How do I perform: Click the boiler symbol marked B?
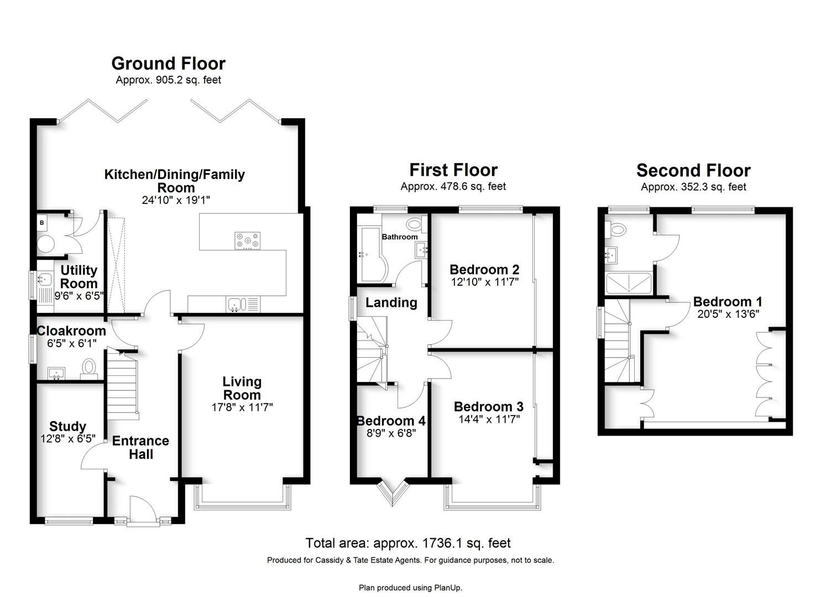pos(42,223)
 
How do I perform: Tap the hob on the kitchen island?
pos(247,241)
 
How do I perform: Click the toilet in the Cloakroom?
pos(88,368)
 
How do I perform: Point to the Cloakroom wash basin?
pos(56,373)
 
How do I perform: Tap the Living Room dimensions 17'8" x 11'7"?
pos(242,407)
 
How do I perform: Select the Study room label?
pos(68,426)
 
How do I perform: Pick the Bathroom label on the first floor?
pos(400,237)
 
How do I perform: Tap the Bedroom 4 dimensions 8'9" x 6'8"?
pos(391,433)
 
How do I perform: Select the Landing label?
pos(391,303)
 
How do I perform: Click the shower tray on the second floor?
pos(629,283)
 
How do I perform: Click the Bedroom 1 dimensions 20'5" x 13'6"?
pos(728,314)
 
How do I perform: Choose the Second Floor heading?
pos(693,170)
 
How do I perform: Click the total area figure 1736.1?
pos(442,543)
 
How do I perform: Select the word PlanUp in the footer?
pos(448,588)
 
